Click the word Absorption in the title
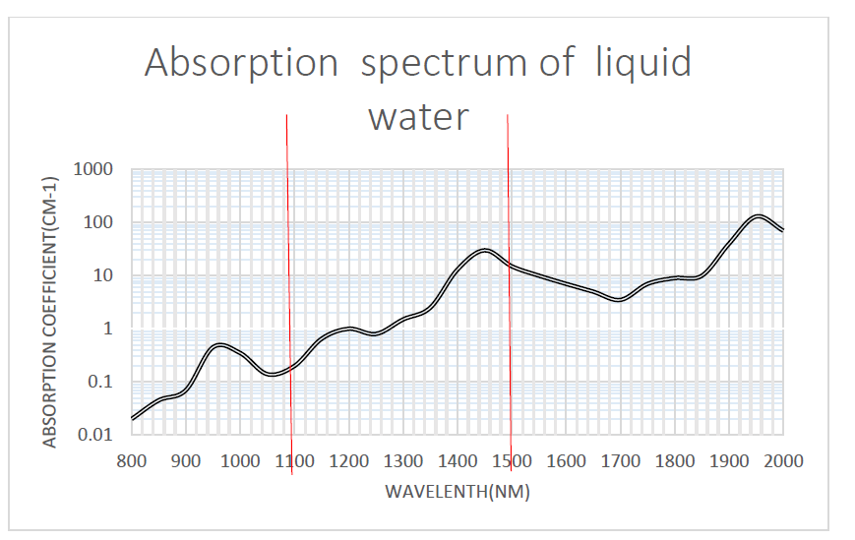[240, 64]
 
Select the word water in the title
[417, 117]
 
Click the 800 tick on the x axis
[131, 460]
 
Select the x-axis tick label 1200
[348, 460]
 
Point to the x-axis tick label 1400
[457, 460]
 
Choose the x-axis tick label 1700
[620, 460]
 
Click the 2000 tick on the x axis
[783, 460]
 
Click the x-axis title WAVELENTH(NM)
[458, 492]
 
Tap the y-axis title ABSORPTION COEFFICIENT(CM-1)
[50, 312]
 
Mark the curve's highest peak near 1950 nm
[757, 216]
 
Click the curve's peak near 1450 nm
[484, 250]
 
